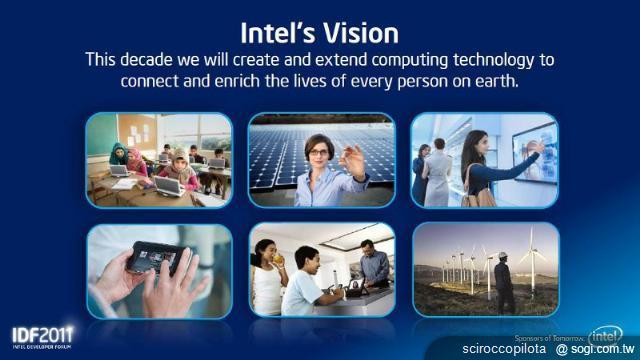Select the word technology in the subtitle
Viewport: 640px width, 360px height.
tap(509, 60)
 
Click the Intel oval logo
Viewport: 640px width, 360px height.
tap(607, 334)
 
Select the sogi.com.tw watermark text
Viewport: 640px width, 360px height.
tap(600, 350)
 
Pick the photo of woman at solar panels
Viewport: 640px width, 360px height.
tap(320, 160)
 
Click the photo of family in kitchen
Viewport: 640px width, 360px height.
tap(320, 270)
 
